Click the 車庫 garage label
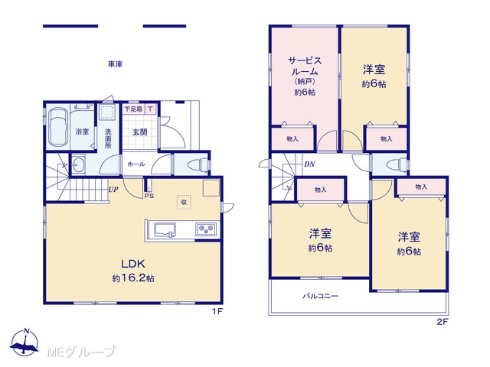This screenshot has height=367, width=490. [116, 64]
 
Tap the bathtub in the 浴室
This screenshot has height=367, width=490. [58, 127]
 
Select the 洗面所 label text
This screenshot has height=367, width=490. [108, 138]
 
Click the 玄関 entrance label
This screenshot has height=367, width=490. [139, 132]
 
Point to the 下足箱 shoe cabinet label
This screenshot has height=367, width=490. [133, 109]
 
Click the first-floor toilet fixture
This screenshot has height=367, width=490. [199, 164]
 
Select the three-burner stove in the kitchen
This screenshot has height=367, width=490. [206, 230]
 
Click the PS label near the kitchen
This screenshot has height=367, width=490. [149, 196]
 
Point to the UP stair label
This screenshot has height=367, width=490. [113, 189]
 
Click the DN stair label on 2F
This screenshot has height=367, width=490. [309, 164]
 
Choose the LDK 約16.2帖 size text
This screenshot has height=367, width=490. [133, 278]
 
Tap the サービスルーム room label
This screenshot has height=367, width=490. [305, 66]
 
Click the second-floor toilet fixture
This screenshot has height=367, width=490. [397, 164]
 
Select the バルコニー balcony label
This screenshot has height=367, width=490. [320, 296]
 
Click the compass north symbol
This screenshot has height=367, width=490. [24, 342]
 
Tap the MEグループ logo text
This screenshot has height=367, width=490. [81, 352]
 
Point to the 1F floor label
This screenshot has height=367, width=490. [217, 311]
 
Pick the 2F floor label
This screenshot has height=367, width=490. [443, 322]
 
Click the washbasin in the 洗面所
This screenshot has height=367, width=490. [78, 164]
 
